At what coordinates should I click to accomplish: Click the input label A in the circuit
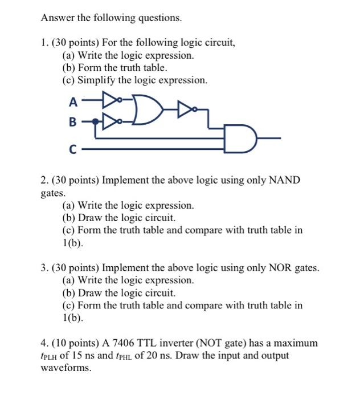[72, 103]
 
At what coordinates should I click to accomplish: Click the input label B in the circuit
[72, 122]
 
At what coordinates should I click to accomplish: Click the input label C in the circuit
[72, 150]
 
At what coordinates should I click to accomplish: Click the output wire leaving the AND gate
[268, 138]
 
